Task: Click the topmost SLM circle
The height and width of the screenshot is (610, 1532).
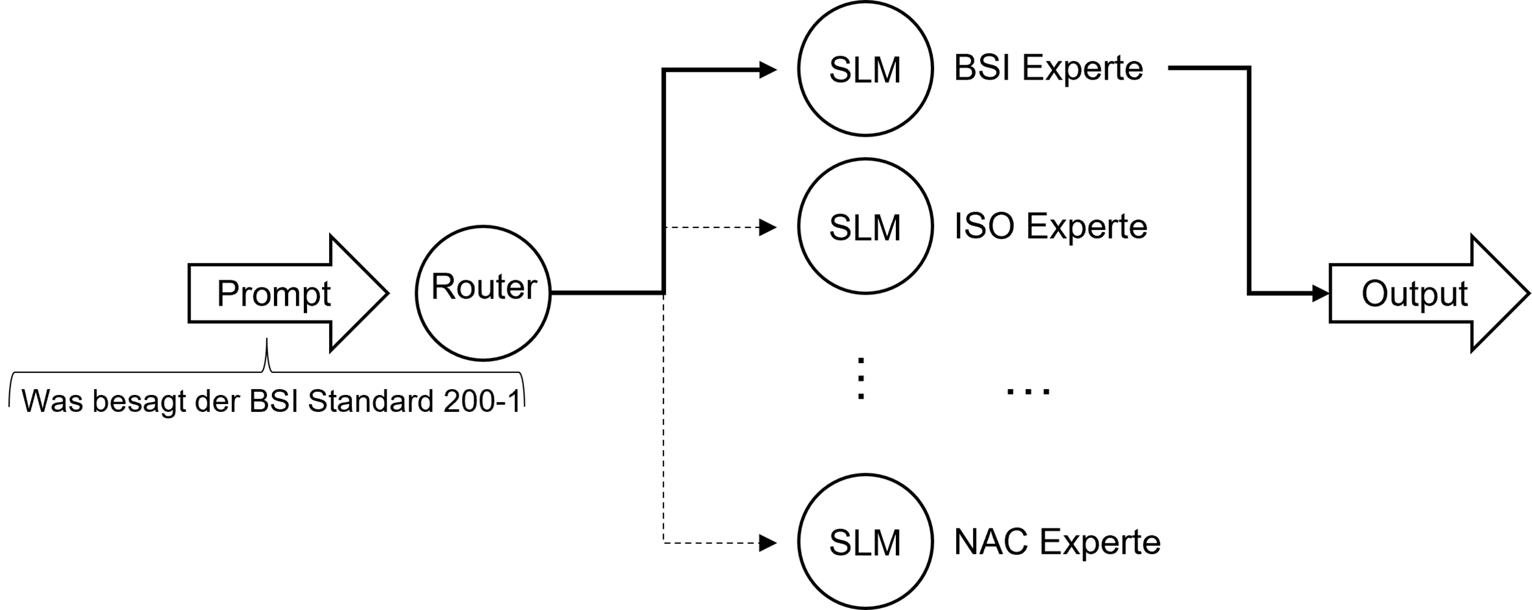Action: (x=865, y=69)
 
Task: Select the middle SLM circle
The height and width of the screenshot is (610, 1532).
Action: (x=865, y=226)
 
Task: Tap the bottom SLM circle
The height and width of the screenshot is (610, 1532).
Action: (x=865, y=541)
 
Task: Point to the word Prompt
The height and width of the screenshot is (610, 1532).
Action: (x=273, y=293)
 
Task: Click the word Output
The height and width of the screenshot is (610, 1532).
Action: (x=1414, y=294)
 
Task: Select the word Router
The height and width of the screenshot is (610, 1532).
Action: (x=484, y=287)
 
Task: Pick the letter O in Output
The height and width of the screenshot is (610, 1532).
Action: (x=1374, y=293)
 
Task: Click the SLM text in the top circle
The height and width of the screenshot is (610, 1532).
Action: (x=865, y=70)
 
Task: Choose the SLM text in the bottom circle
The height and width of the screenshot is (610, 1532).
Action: (x=865, y=543)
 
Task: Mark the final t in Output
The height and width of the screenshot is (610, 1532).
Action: (x=1463, y=294)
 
